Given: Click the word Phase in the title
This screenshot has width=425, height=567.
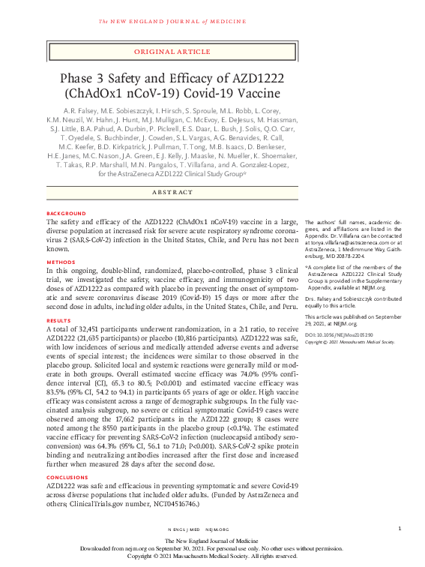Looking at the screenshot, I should pyautogui.click(x=82, y=79).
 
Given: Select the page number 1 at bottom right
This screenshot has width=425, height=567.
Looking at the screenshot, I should pyautogui.click(x=400, y=529).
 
